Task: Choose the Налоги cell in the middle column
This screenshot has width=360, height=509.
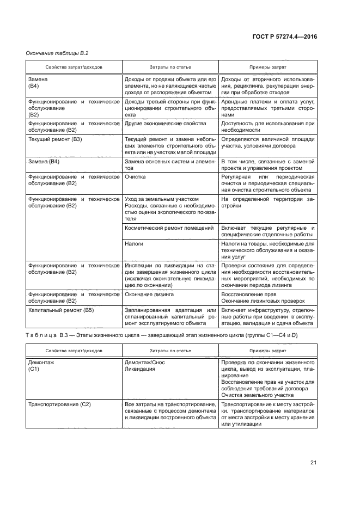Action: pos(133,244)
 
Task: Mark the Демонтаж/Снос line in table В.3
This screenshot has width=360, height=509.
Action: pos(145,362)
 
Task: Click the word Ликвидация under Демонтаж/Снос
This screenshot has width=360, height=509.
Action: pos(141,369)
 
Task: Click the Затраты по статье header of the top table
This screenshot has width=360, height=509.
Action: pos(170,68)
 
